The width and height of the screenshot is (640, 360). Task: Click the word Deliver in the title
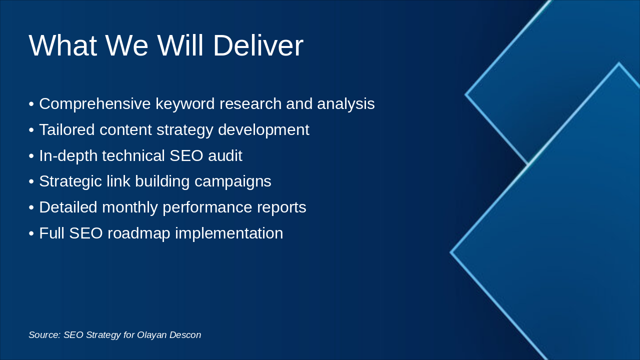click(258, 45)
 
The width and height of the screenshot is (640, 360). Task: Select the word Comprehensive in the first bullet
click(95, 104)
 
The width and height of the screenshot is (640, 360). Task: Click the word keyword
click(185, 104)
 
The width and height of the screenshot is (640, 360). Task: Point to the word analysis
click(345, 103)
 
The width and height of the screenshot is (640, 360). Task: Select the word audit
click(225, 155)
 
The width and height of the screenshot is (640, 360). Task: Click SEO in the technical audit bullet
click(186, 155)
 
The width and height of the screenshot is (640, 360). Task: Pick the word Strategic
click(70, 181)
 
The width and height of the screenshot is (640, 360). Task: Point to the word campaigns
click(233, 181)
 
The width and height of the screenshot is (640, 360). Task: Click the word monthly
click(130, 207)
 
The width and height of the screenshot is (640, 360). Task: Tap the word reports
click(281, 208)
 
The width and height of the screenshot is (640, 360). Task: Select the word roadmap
click(139, 233)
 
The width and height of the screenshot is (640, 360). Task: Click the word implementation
click(229, 233)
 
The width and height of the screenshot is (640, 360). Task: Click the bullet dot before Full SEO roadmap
click(31, 233)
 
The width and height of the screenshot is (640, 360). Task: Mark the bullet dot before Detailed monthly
click(31, 207)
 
